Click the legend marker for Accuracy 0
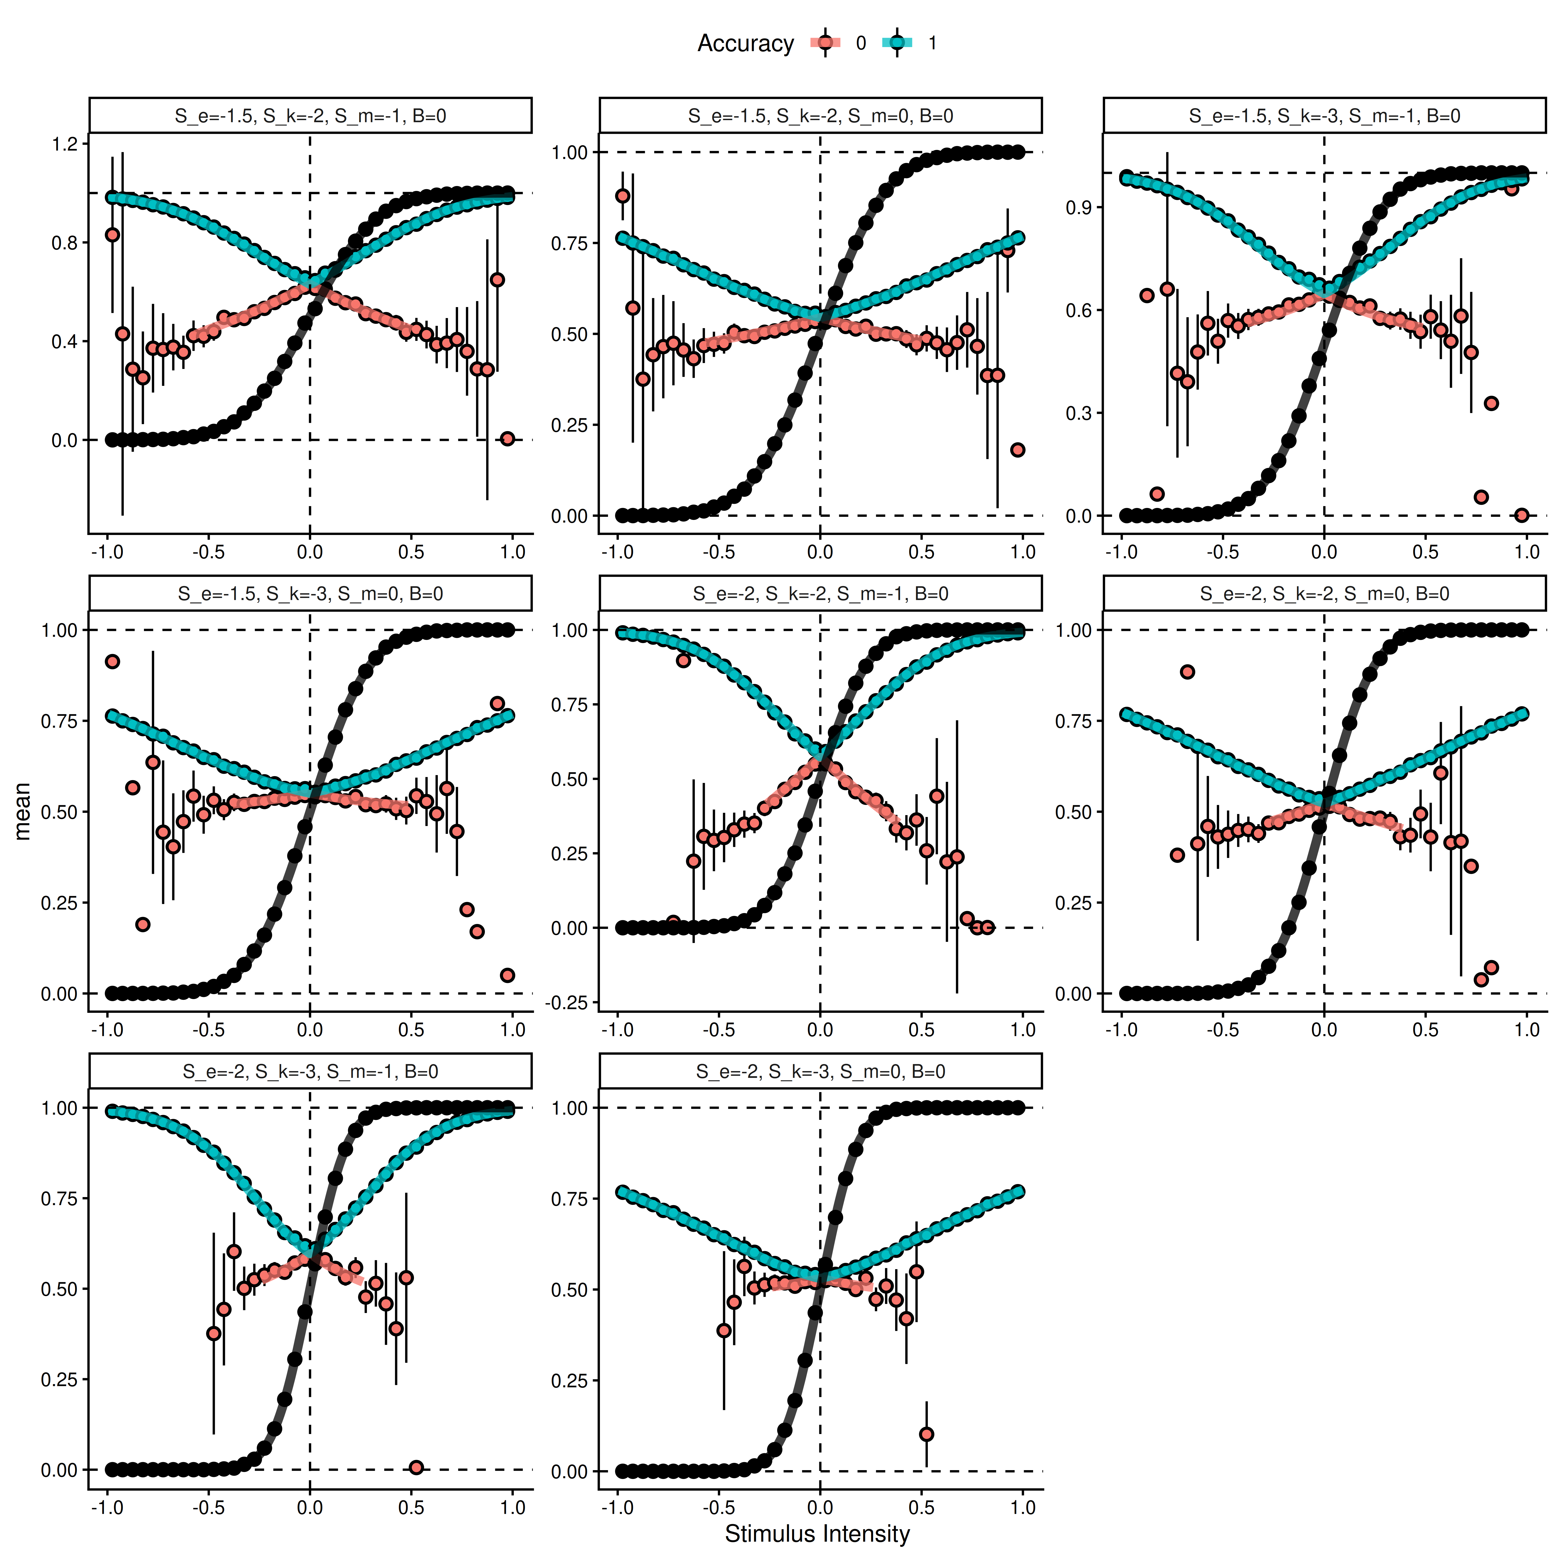click(825, 43)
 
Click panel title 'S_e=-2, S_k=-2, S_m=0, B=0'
click(1324, 594)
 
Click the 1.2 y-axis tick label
click(64, 144)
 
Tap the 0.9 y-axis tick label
click(1079, 207)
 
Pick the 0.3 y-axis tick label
click(1079, 413)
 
